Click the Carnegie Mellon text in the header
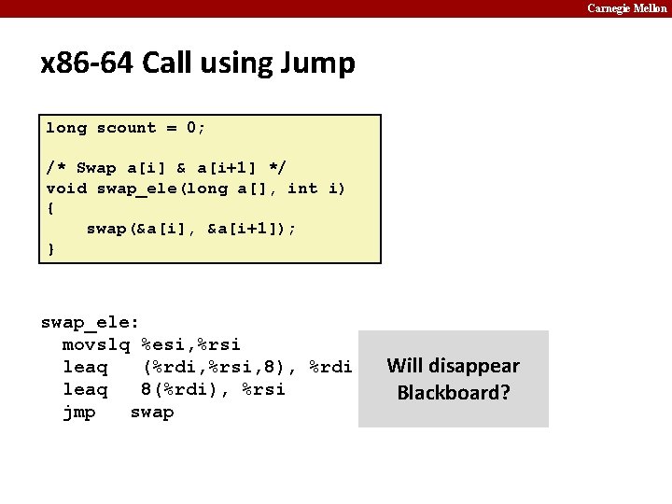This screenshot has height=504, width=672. tap(627, 8)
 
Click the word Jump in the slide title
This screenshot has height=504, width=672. tap(320, 64)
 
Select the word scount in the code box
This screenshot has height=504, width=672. tap(127, 128)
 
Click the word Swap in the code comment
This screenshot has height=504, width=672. tap(96, 168)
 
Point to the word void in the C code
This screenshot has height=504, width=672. tap(66, 189)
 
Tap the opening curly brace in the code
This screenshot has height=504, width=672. tap(50, 208)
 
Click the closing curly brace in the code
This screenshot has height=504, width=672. tap(50, 249)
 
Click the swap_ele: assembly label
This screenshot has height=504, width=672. tap(91, 322)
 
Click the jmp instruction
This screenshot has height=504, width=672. tap(79, 412)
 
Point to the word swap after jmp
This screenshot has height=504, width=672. tap(152, 412)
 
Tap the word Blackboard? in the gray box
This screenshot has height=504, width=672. tap(454, 392)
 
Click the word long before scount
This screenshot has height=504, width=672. tap(66, 128)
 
